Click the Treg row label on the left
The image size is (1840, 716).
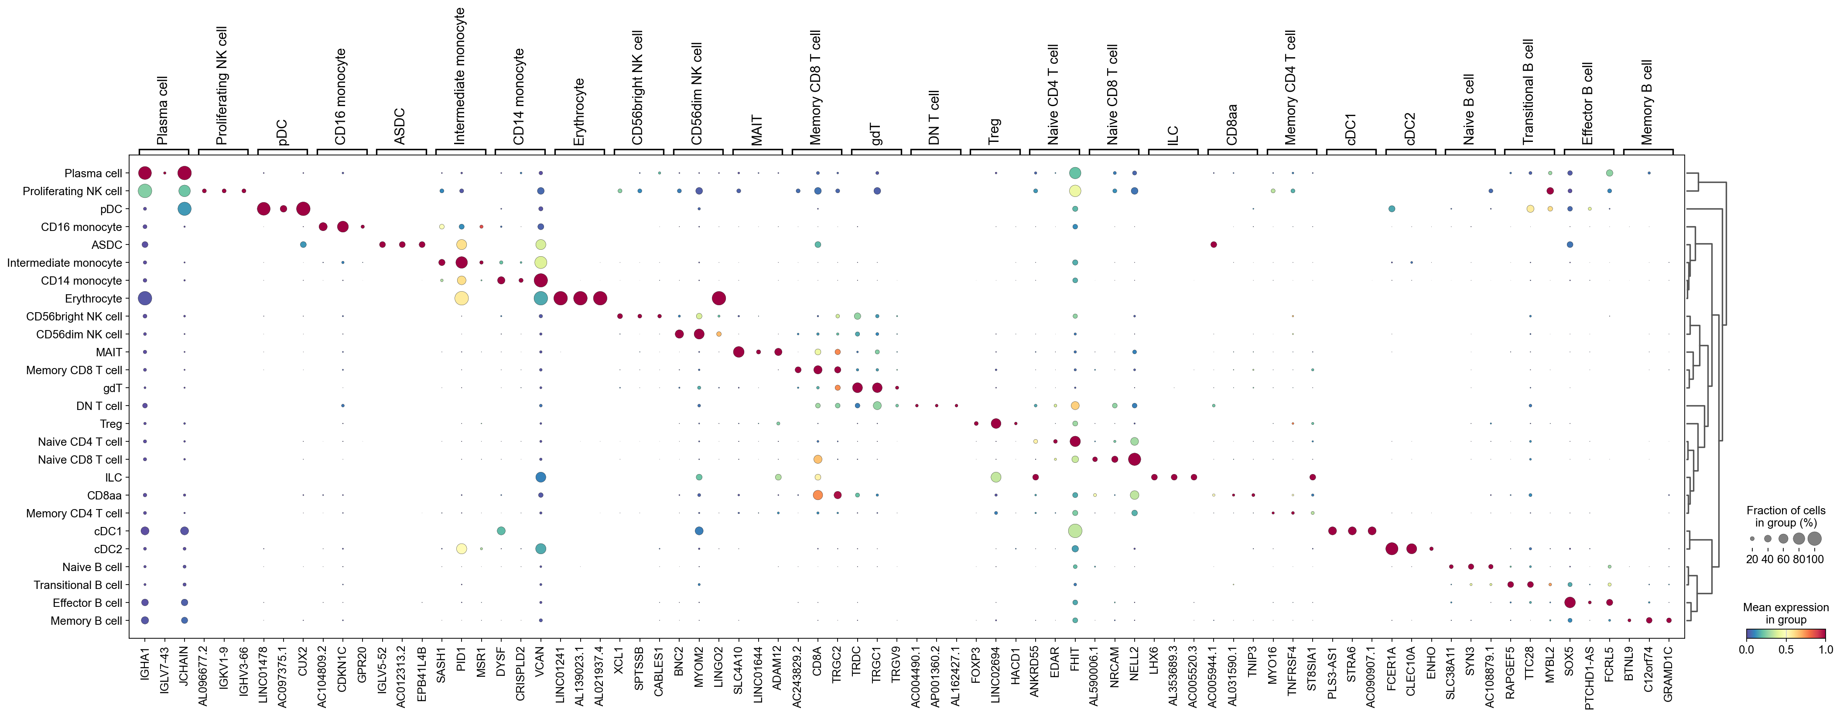[111, 424]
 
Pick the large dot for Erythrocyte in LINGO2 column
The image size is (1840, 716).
[718, 298]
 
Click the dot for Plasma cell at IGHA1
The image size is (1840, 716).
[145, 173]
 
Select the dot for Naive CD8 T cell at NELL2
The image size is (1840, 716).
[1134, 459]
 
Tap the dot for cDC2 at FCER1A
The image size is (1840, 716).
[1392, 549]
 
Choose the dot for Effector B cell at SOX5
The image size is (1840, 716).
[1569, 602]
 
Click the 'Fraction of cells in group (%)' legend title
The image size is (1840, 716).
[1786, 516]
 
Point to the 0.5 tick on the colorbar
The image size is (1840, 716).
[1786, 650]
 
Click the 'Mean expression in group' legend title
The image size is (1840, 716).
[1786, 613]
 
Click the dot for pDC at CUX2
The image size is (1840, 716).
[303, 209]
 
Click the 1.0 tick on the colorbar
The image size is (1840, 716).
[1825, 650]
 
